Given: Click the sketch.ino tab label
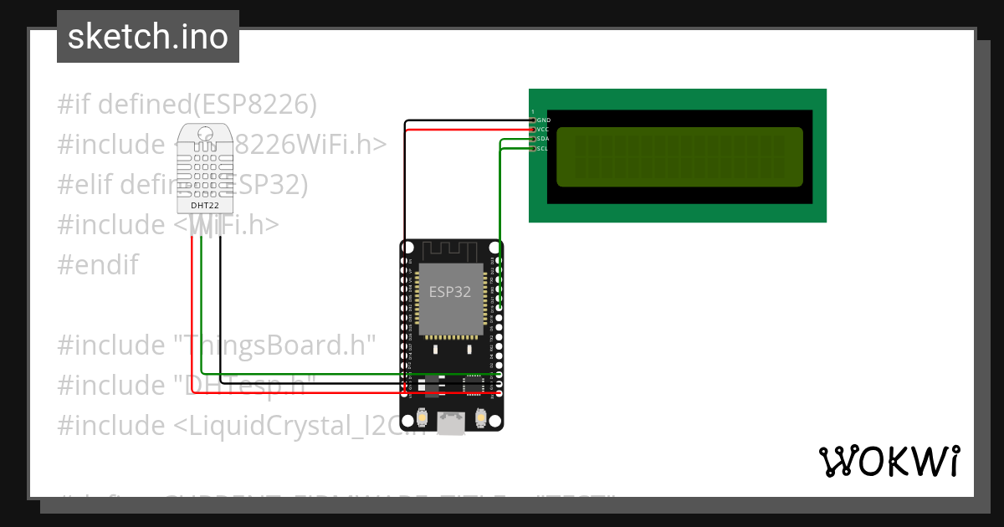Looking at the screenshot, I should click(x=147, y=37).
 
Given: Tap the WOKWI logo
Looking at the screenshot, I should click(x=889, y=461).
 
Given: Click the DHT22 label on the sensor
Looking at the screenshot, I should click(x=200, y=205).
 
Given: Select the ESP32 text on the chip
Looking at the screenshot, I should click(x=450, y=292).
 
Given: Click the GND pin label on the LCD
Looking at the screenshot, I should click(x=543, y=120).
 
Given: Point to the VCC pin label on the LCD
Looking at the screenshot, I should click(x=543, y=130).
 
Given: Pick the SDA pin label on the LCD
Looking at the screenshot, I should click(x=543, y=139).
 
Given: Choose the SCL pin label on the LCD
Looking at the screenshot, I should click(x=543, y=149).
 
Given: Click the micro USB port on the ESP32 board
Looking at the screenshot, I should click(x=452, y=424).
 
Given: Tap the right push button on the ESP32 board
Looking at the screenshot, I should click(x=481, y=417).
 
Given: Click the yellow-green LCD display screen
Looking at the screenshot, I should click(x=679, y=157).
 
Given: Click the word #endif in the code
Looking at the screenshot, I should click(x=98, y=265).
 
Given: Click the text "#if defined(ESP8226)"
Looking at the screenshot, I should click(x=187, y=105).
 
